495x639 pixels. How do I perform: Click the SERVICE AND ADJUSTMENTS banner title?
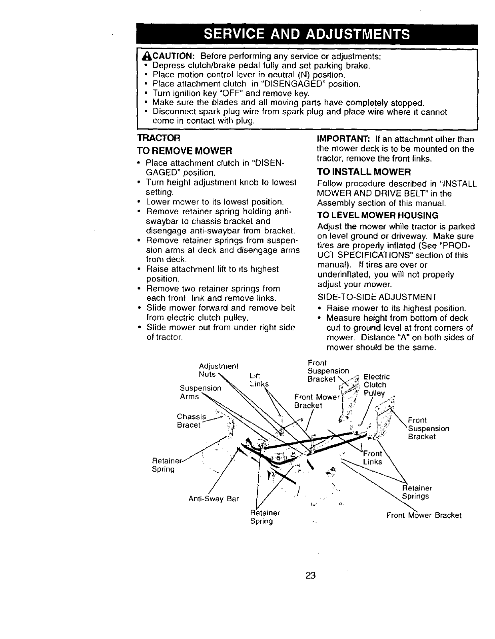coord(307,34)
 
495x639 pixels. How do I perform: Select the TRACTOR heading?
coord(159,138)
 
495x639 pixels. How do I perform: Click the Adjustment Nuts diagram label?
coord(218,370)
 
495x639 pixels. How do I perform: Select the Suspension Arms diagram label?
coord(200,392)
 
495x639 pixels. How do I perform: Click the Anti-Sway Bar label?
coord(213,499)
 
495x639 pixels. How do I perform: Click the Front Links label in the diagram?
coord(372,458)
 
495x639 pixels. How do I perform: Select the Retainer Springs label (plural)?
coord(416,492)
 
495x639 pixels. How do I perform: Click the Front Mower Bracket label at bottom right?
coord(424,515)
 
